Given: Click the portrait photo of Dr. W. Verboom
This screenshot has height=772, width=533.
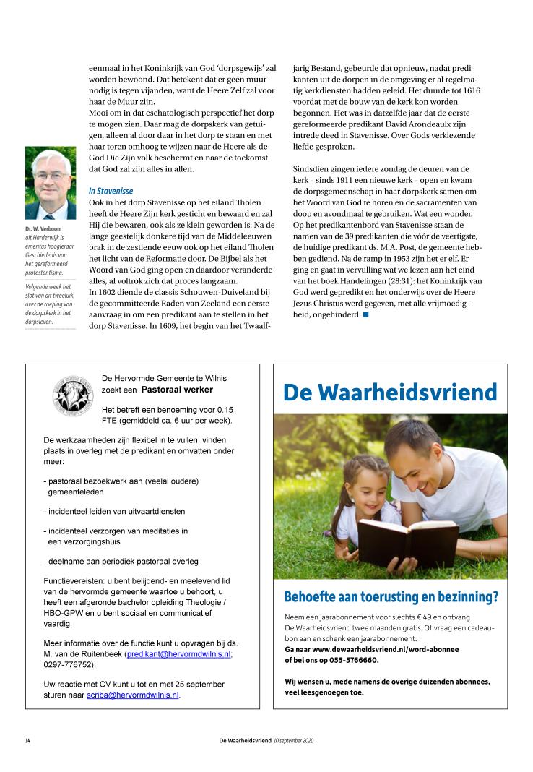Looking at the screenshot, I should (50, 183).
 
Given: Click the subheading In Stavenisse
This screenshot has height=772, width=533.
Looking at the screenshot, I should (110, 191).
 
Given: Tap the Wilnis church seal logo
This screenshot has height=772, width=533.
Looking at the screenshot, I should (73, 394).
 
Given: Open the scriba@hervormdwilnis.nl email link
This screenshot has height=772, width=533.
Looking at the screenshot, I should (133, 695).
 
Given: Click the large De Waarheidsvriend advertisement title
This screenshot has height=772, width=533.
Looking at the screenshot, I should (390, 392).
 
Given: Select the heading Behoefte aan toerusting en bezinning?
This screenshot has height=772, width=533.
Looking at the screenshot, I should (391, 597).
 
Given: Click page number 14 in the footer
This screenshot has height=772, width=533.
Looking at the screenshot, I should (27, 741).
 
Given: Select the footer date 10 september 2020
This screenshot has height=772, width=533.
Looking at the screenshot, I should (294, 741).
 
